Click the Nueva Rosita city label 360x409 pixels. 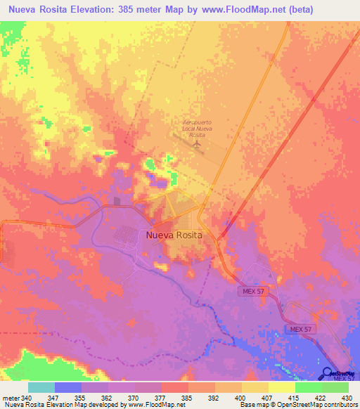[174, 236]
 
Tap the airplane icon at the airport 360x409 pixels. [197, 143]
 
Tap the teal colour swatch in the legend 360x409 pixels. [41, 387]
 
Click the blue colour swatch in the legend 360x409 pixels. [68, 387]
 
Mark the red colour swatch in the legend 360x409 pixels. [175, 387]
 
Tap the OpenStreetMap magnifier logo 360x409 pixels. [328, 372]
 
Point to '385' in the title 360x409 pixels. [129, 10]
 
